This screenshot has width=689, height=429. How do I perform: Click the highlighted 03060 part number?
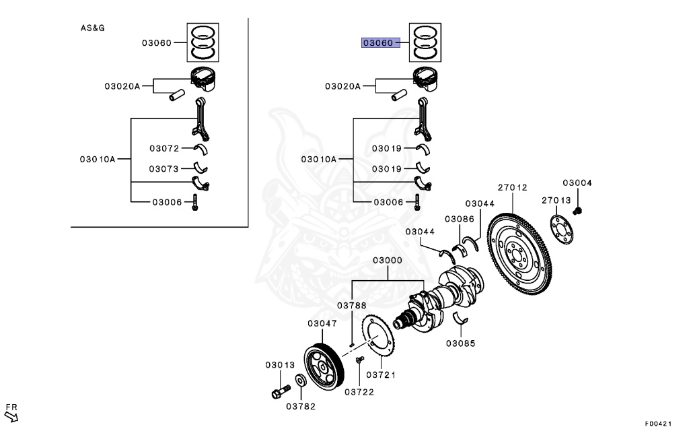click(378, 42)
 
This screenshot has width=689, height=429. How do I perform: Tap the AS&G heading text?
click(92, 28)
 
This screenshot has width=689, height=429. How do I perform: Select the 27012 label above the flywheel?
click(512, 187)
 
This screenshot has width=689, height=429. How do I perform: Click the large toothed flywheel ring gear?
click(519, 255)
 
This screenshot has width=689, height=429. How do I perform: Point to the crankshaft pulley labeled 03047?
click(324, 367)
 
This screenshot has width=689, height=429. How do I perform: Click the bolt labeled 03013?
click(281, 391)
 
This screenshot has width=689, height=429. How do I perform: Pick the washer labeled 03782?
click(301, 380)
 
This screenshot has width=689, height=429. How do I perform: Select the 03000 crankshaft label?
click(388, 261)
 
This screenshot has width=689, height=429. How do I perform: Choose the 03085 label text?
click(460, 343)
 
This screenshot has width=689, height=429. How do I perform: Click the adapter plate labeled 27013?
click(562, 229)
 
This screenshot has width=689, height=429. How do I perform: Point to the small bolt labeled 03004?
click(577, 211)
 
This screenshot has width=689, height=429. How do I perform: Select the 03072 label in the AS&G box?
click(164, 149)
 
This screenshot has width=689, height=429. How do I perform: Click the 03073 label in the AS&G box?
click(164, 169)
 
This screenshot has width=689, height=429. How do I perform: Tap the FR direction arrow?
click(11, 416)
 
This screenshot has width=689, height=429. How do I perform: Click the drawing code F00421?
click(658, 424)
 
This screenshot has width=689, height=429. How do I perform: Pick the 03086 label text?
click(459, 219)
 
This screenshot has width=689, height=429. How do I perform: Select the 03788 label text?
click(351, 305)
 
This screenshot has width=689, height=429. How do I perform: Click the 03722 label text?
click(359, 392)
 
